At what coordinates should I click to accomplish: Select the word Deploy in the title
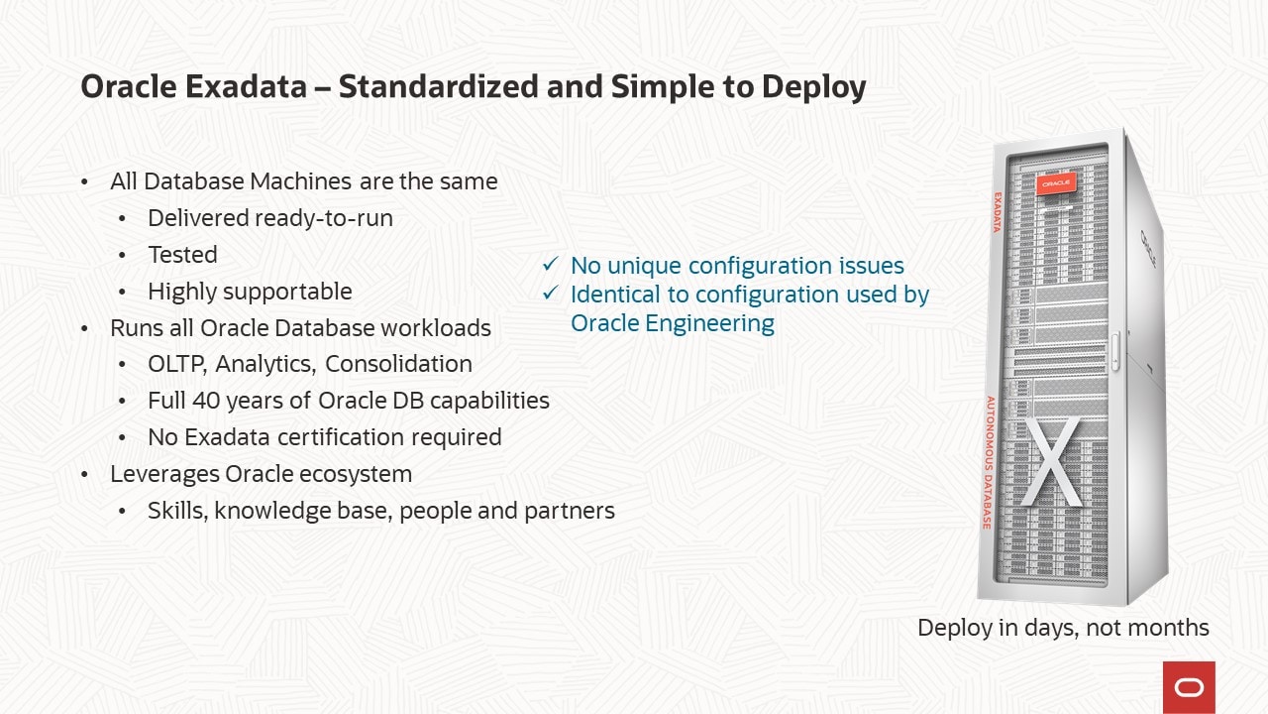813,87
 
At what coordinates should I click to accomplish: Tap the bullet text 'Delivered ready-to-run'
269,218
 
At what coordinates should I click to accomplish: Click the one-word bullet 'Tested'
182,255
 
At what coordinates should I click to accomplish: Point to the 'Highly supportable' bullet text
250,292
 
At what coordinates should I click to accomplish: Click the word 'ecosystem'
356,474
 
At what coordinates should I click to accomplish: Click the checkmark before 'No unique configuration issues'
550,266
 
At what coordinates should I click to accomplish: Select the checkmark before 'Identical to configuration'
550,295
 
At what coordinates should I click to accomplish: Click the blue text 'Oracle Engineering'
673,323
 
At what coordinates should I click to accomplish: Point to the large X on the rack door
1051,461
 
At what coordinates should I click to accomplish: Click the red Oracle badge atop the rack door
1055,183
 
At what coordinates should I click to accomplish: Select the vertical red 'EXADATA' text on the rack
998,212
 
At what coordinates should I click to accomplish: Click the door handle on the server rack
1114,352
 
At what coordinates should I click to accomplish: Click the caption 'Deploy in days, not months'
1063,628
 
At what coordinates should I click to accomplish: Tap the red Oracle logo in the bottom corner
1189,687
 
